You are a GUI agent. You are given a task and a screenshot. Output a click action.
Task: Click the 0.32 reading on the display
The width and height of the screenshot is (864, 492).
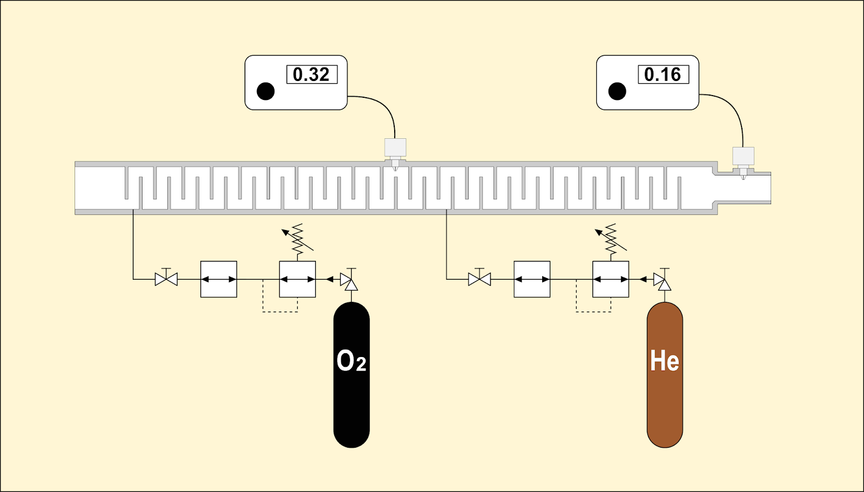(x=311, y=75)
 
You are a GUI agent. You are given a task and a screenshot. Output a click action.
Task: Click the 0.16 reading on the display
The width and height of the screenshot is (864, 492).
(x=663, y=75)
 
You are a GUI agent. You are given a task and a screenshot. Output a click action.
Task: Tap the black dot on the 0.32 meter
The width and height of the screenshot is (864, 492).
(x=265, y=91)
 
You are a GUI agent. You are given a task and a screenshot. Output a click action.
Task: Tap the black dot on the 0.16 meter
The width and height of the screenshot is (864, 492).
(x=617, y=91)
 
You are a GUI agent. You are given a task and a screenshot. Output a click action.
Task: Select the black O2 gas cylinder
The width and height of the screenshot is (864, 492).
(x=352, y=375)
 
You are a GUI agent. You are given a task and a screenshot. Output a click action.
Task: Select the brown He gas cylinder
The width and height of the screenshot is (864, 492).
(x=665, y=375)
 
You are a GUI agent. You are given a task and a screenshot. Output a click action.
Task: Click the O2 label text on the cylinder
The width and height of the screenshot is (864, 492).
(x=352, y=361)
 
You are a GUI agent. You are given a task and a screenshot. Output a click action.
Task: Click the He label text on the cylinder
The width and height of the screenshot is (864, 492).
(x=665, y=361)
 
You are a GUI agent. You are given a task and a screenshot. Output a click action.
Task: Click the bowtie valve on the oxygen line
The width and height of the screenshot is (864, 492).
(x=166, y=277)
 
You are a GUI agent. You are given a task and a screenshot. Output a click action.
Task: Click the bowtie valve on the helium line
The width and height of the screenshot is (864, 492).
(x=480, y=277)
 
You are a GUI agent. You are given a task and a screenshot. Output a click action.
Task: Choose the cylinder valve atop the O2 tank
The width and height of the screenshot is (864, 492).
(x=349, y=279)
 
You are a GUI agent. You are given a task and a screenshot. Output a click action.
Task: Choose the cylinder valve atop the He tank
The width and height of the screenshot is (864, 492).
(x=662, y=279)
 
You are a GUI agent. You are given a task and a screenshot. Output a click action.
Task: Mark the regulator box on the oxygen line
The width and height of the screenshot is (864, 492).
(x=298, y=279)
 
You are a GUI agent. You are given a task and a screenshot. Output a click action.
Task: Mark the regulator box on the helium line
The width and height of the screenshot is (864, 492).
(x=611, y=279)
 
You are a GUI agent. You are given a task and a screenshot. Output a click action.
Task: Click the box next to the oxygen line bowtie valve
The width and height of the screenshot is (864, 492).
(x=219, y=279)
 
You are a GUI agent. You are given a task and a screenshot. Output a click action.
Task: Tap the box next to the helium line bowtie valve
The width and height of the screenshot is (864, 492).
(x=532, y=279)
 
